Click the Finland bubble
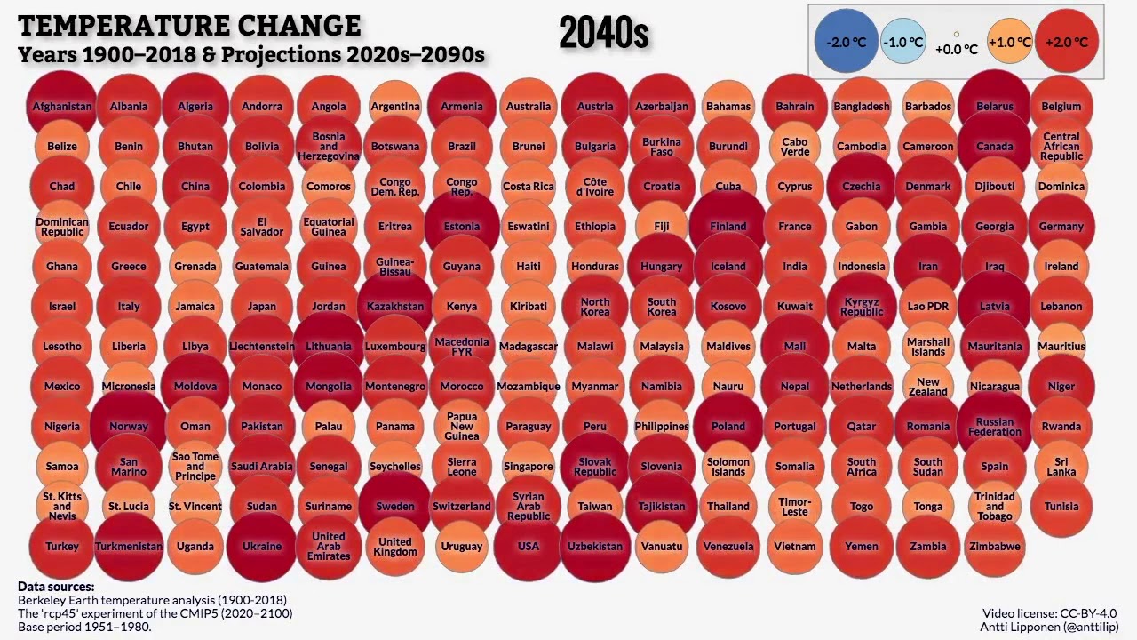[728, 226]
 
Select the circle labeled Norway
[129, 426]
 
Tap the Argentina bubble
[395, 107]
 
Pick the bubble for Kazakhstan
[395, 306]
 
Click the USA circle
[529, 546]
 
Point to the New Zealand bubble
[928, 386]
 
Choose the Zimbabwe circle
[995, 546]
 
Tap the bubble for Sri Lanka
[1061, 466]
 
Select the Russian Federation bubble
[995, 426]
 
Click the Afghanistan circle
[62, 107]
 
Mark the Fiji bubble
[662, 226]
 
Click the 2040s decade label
[604, 34]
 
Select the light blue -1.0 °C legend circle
[904, 42]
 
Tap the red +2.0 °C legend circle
[1067, 42]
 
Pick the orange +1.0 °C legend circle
[1009, 42]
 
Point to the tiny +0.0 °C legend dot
[957, 35]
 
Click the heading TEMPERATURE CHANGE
[189, 25]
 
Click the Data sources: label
[56, 587]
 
